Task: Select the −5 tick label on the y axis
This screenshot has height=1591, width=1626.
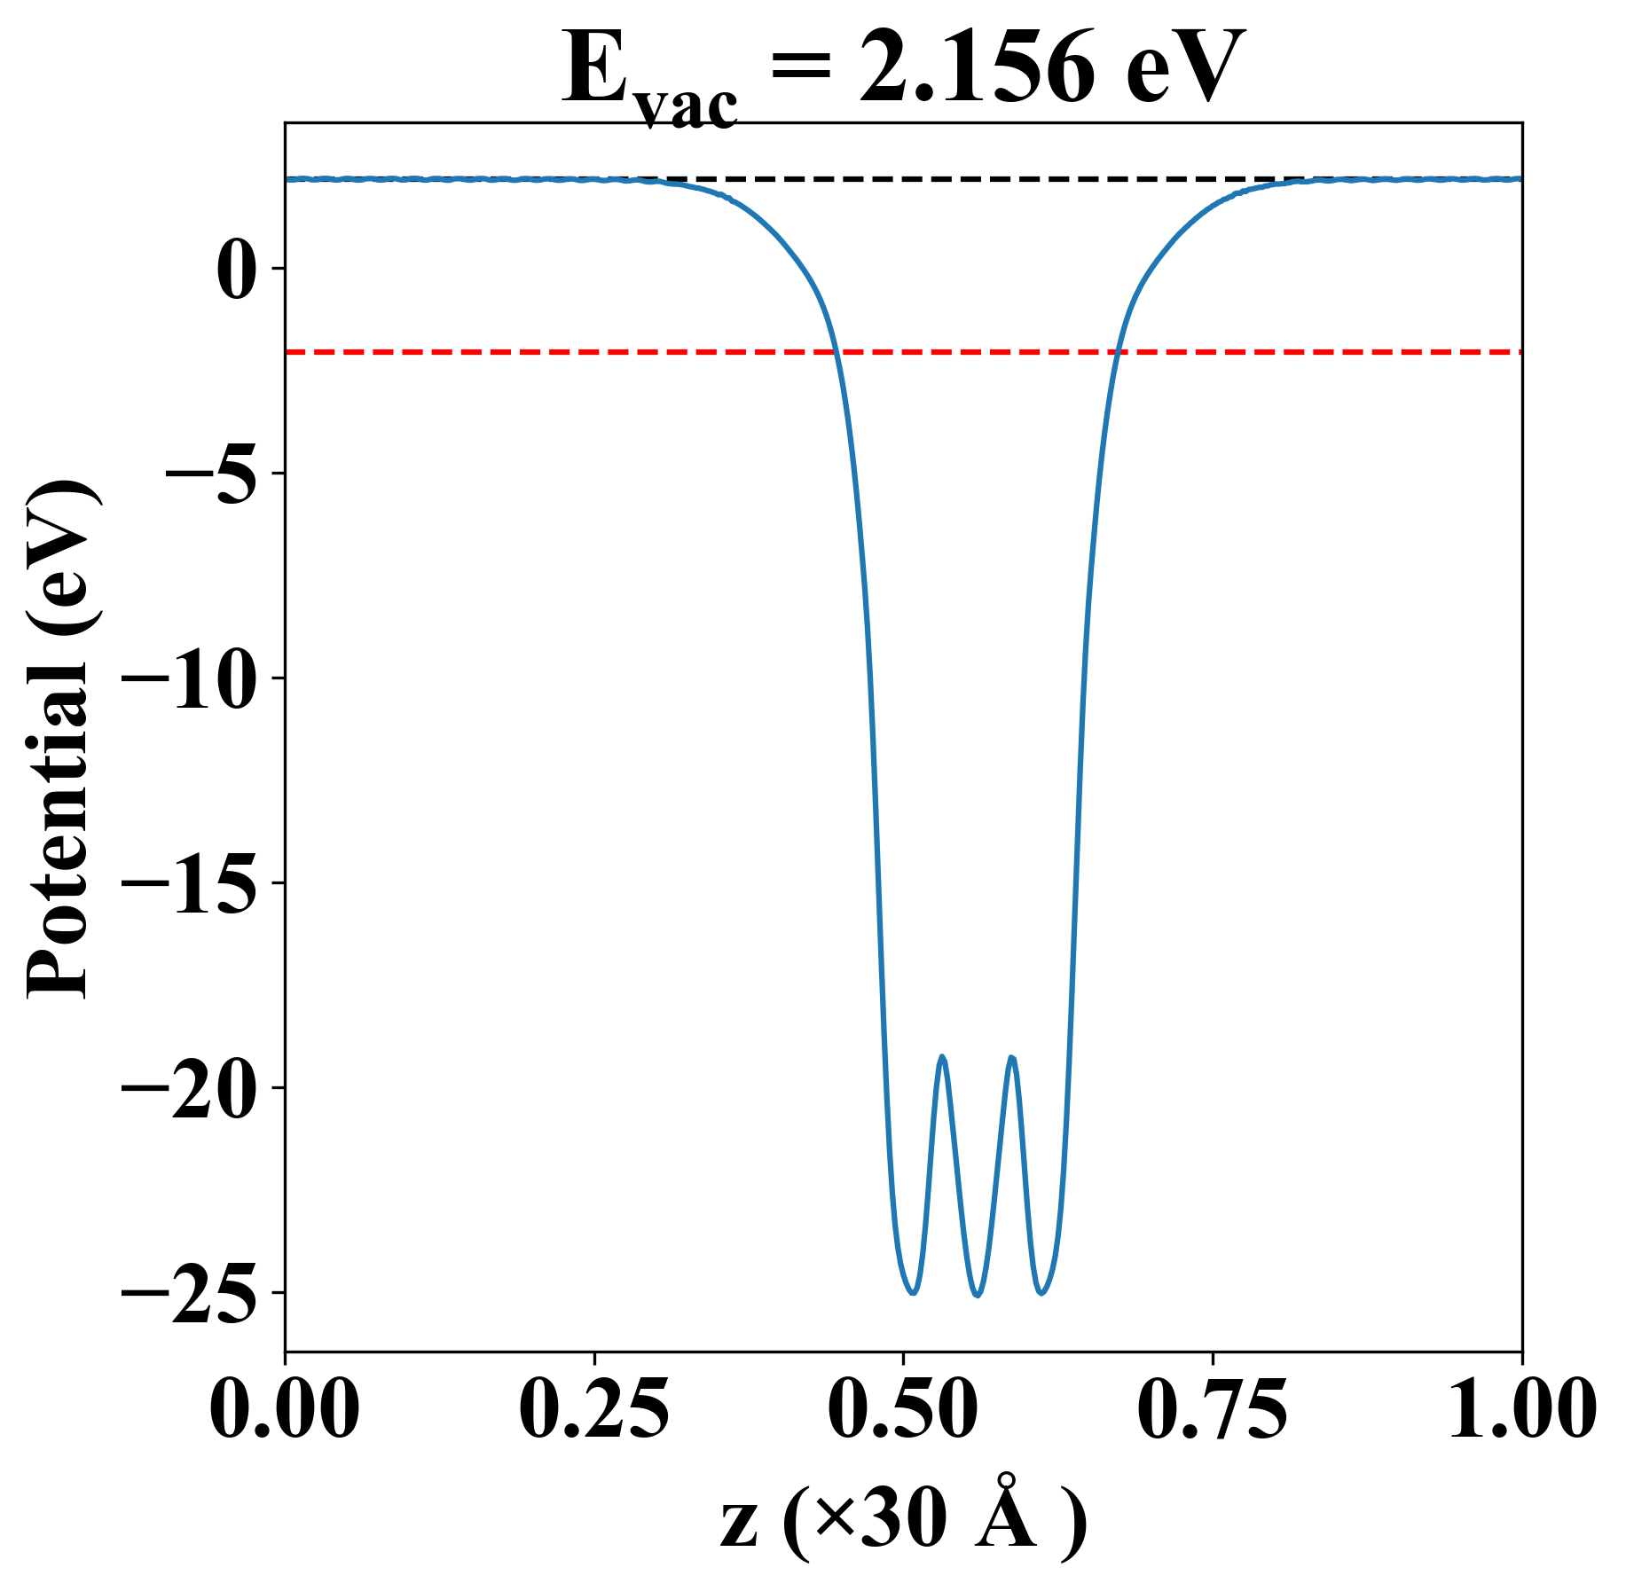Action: point(212,474)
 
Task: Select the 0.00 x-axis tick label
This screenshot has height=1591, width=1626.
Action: point(285,1408)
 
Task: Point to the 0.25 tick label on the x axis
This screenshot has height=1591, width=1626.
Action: point(593,1408)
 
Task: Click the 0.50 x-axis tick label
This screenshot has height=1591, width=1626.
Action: point(903,1408)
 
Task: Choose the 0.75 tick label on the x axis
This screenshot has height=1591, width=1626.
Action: point(1212,1408)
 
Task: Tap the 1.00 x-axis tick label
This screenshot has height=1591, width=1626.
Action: point(1520,1408)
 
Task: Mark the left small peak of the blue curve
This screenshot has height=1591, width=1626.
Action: point(942,1057)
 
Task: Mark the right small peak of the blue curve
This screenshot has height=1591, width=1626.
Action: point(1011,1057)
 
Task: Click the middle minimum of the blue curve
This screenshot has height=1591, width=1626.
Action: point(977,1296)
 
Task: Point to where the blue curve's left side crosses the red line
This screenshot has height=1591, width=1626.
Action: point(836,352)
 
